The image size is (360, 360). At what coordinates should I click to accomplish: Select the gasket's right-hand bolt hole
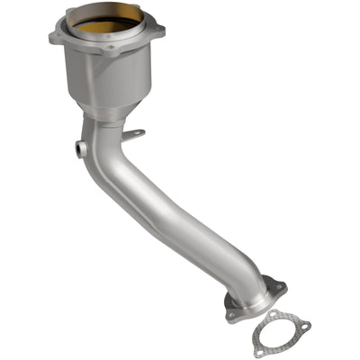click(x=304, y=326)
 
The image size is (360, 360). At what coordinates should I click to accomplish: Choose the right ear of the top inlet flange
click(x=162, y=36)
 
